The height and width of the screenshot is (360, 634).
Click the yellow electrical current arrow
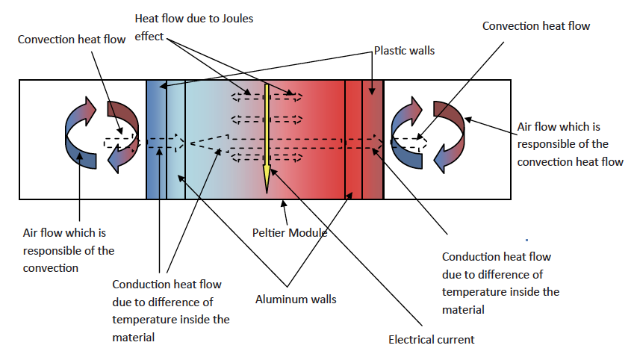click(x=267, y=134)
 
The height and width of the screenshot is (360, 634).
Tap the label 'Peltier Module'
click(x=290, y=232)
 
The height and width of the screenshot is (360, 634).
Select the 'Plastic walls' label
click(x=404, y=52)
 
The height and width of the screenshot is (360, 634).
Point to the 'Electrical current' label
click(x=431, y=339)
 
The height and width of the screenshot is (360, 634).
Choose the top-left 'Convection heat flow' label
click(x=72, y=38)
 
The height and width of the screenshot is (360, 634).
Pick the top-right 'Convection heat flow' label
click(x=535, y=26)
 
